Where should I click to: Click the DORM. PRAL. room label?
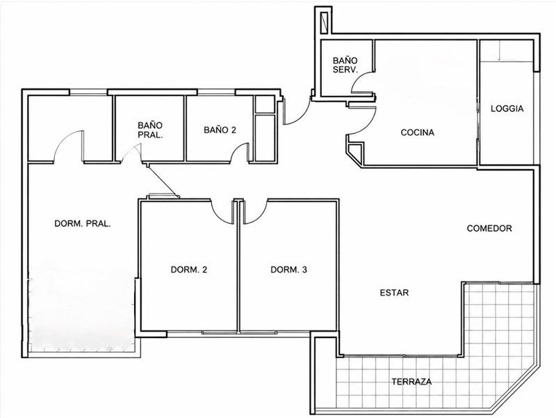click(83, 224)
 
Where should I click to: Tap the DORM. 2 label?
click(188, 270)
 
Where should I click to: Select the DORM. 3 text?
click(288, 270)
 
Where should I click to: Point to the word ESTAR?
click(394, 293)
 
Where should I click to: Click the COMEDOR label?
click(489, 228)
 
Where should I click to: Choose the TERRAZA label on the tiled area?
click(411, 382)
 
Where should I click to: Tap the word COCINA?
click(418, 132)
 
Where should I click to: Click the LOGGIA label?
click(507, 109)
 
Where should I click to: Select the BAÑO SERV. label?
click(345, 65)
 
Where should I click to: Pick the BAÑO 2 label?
click(220, 130)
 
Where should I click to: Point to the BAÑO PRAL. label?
click(150, 130)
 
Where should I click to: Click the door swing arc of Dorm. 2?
click(219, 216)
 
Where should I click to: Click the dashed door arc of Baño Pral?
click(131, 150)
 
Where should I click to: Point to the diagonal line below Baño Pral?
click(162, 180)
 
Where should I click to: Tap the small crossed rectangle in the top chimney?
click(325, 22)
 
